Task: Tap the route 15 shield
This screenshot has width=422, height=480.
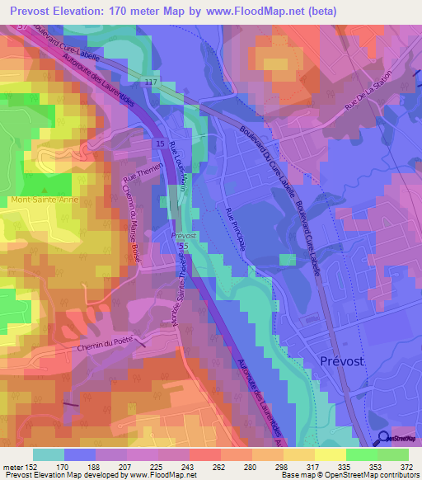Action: (x=158, y=144)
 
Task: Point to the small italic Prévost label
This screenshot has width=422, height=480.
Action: (x=184, y=235)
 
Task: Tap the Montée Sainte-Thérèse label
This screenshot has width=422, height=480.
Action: (x=181, y=289)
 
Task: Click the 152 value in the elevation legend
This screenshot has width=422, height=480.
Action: (x=29, y=466)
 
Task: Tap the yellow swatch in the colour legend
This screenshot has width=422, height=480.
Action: (x=330, y=454)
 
